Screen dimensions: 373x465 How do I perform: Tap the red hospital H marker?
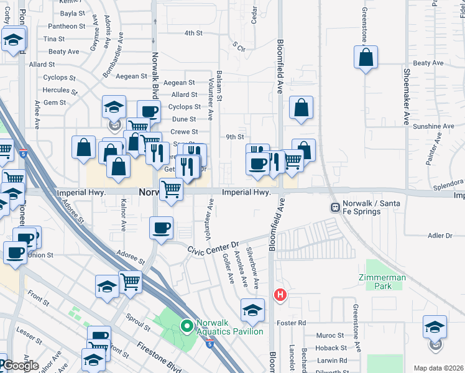(x=280, y=294)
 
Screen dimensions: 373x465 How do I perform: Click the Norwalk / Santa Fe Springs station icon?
(x=335, y=206)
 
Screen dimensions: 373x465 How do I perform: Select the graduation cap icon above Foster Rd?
(x=252, y=310)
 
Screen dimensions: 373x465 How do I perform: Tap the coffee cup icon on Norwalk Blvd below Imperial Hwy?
(x=162, y=227)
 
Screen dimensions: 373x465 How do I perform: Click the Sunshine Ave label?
(x=433, y=126)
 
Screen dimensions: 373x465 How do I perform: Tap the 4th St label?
(x=194, y=33)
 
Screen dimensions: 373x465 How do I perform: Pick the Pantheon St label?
(x=65, y=26)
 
